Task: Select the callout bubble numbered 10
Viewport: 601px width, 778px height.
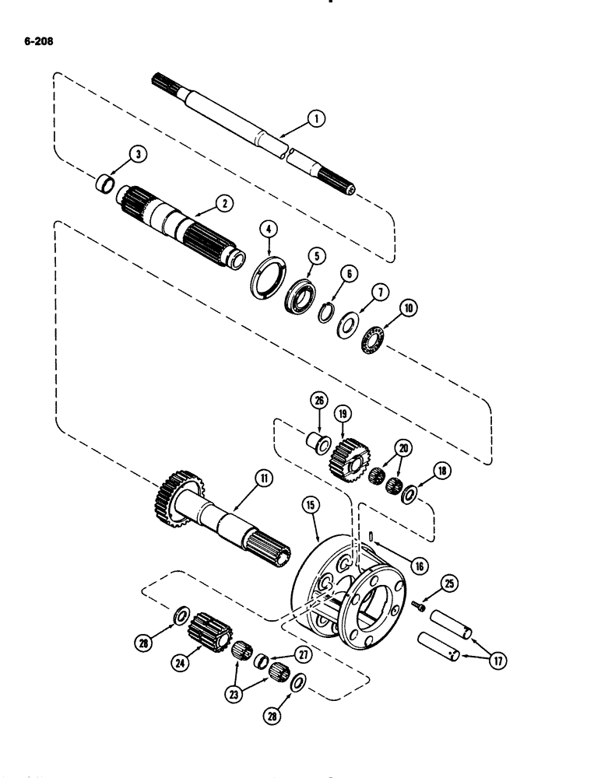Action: [x=385, y=310]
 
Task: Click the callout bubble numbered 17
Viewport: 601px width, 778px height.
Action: [x=491, y=662]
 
